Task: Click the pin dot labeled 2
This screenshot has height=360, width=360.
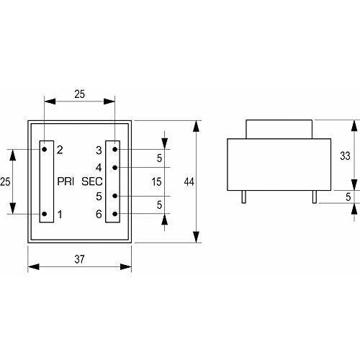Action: coord(45,149)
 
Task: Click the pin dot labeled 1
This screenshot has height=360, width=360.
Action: coord(45,214)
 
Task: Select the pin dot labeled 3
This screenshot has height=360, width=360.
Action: coord(115,149)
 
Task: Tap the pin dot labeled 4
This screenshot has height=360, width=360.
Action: coord(115,167)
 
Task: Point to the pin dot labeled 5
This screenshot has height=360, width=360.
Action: coord(115,196)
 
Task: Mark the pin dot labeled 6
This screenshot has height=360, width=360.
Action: coord(115,214)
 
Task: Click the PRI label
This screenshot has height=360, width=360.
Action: coord(66,181)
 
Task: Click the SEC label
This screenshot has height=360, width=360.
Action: coord(92,181)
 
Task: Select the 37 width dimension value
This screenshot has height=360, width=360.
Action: coord(79,259)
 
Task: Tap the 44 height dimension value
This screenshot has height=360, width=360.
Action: coord(189,181)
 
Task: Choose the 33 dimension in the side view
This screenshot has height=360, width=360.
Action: coord(345,156)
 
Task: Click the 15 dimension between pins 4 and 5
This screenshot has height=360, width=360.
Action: coord(156,181)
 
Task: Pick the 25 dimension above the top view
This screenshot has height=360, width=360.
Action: coord(79,94)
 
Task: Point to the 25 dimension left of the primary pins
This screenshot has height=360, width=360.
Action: coord(5,181)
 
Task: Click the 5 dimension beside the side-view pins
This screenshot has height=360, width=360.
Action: coord(348,197)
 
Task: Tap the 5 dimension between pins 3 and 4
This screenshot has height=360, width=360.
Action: coord(159,158)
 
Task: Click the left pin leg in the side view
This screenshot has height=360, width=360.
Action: coord(243,197)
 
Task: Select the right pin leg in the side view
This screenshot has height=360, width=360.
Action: coord(315,197)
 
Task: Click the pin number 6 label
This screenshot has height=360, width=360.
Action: coord(99,214)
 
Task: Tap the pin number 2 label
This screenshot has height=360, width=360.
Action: coord(60,150)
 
